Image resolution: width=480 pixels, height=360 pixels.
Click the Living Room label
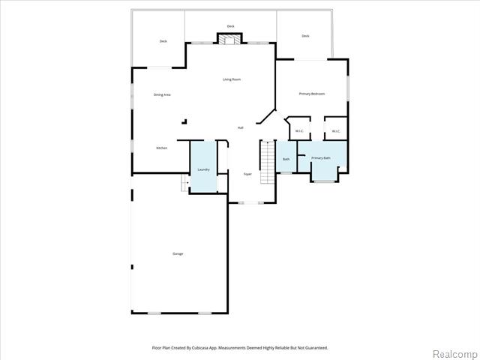click(x=231, y=79)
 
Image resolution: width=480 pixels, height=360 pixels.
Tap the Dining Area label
click(x=162, y=94)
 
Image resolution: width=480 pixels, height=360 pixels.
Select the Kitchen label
click(x=161, y=148)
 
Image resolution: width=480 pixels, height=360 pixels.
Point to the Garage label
click(x=178, y=253)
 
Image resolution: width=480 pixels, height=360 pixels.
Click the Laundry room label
click(x=203, y=169)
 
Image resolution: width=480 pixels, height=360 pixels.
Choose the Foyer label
click(x=247, y=174)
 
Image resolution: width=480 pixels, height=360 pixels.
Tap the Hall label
click(x=240, y=127)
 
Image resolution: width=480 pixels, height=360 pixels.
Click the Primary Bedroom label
click(x=311, y=94)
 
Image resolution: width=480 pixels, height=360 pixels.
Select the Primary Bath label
click(x=321, y=157)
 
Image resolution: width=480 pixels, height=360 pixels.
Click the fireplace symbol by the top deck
click(x=230, y=38)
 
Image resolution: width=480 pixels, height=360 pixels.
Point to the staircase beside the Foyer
click(x=267, y=163)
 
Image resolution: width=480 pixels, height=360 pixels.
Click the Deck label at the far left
click(x=163, y=41)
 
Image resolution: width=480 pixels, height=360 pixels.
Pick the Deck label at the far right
click(x=305, y=36)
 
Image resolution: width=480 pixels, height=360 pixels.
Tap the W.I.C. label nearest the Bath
click(x=298, y=131)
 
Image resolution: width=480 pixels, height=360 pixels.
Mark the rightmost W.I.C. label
click(x=336, y=131)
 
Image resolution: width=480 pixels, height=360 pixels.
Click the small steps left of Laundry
click(x=184, y=184)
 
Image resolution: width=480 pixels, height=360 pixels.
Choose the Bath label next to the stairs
click(x=286, y=159)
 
